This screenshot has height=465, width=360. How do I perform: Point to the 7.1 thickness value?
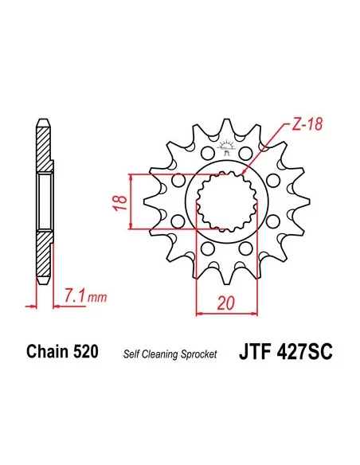(72, 297)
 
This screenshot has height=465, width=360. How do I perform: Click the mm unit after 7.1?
(96, 299)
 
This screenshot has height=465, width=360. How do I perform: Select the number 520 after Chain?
(86, 352)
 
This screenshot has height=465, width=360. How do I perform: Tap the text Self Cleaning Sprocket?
(170, 354)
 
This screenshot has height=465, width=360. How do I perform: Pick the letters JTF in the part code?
(251, 352)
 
